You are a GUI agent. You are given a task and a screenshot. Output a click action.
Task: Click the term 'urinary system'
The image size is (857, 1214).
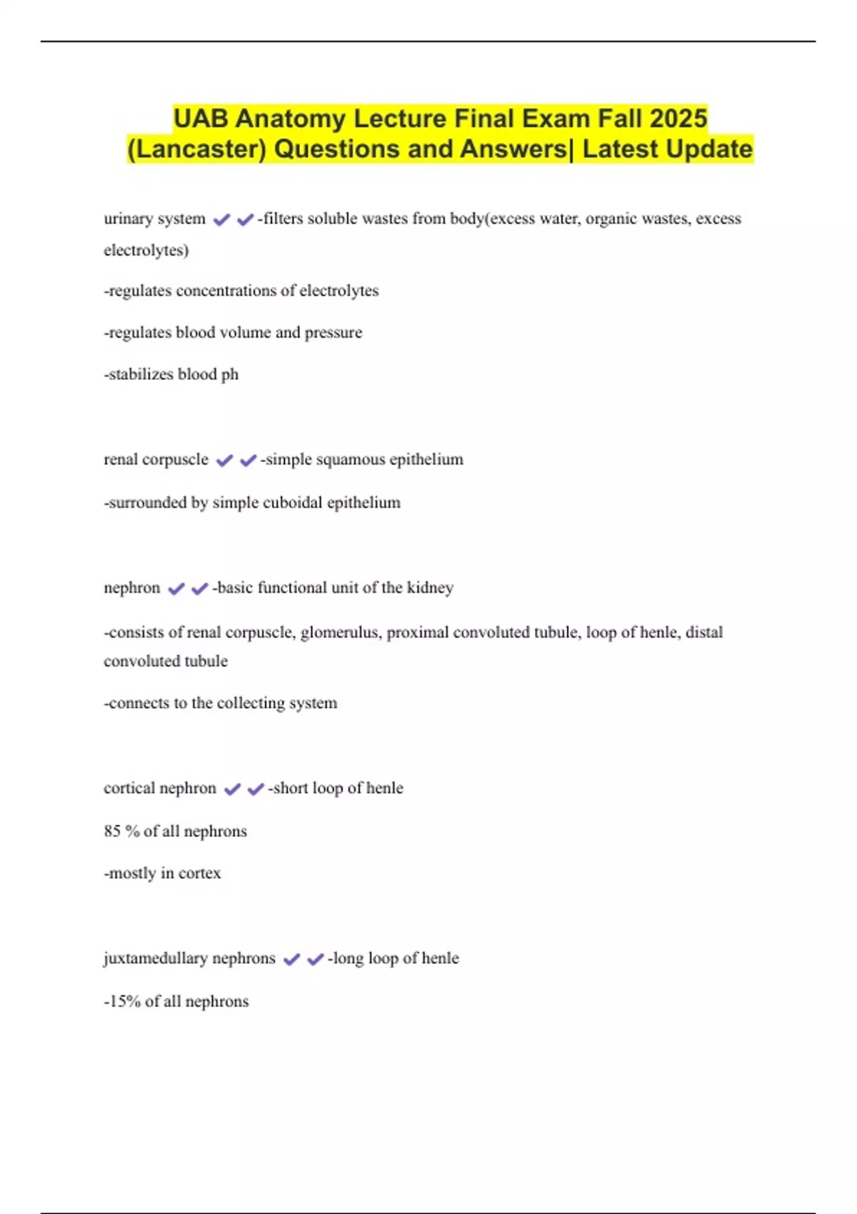(154, 219)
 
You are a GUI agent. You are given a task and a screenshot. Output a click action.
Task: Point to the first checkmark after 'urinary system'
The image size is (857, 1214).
(221, 219)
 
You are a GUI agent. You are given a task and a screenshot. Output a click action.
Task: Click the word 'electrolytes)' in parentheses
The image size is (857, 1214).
(146, 250)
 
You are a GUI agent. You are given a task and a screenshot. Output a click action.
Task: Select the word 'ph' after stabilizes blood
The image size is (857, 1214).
(229, 374)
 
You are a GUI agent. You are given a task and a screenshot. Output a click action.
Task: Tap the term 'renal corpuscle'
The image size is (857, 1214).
(156, 459)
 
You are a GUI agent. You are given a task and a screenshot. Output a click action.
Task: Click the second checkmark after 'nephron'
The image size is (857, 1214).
(199, 588)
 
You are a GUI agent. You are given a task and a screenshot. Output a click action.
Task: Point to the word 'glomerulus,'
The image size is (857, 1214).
(341, 633)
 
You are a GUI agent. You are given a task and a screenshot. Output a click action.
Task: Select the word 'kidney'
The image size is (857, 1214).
(430, 588)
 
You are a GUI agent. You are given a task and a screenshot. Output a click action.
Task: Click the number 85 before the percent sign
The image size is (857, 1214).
(112, 831)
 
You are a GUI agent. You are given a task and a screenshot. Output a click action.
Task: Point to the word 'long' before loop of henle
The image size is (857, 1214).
(348, 958)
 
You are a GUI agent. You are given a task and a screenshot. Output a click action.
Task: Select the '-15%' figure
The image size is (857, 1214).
(122, 1001)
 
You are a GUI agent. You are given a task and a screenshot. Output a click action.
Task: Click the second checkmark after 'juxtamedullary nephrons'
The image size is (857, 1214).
(315, 959)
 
